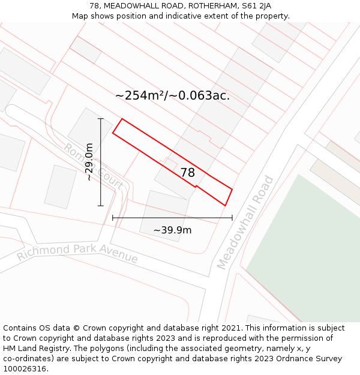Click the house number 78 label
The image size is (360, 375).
pyautogui.click(x=188, y=173)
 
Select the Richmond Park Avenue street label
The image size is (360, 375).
pyautogui.click(x=77, y=253)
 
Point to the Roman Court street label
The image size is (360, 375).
pyautogui.click(x=93, y=166)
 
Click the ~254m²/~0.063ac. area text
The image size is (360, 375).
pyautogui.click(x=172, y=95)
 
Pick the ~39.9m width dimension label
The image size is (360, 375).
pyautogui.click(x=172, y=230)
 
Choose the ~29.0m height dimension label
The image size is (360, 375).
pyautogui.click(x=89, y=161)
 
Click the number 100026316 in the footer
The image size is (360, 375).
pyautogui.click(x=25, y=369)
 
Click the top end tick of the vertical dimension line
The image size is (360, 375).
pyautogui.click(x=101, y=119)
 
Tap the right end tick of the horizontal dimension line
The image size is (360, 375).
pyautogui.click(x=232, y=218)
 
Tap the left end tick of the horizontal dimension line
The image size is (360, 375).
pyautogui.click(x=113, y=218)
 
